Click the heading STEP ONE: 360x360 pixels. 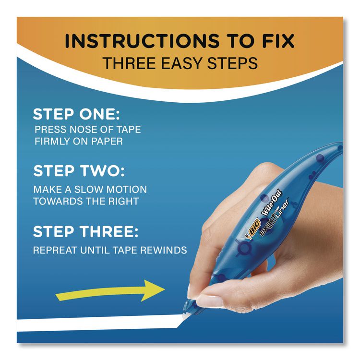pyautogui.click(x=76, y=114)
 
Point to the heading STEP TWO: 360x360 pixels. pyautogui.click(x=79, y=171)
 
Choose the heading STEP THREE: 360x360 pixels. pyautogui.click(x=85, y=231)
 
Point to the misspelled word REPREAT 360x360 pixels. pyautogui.click(x=55, y=250)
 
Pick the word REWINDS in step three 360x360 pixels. pyautogui.click(x=164, y=250)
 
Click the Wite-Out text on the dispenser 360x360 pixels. pyautogui.click(x=272, y=203)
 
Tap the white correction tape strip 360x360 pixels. pyautogui.click(x=99, y=323)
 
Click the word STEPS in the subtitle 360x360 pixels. pyautogui.click(x=232, y=63)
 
